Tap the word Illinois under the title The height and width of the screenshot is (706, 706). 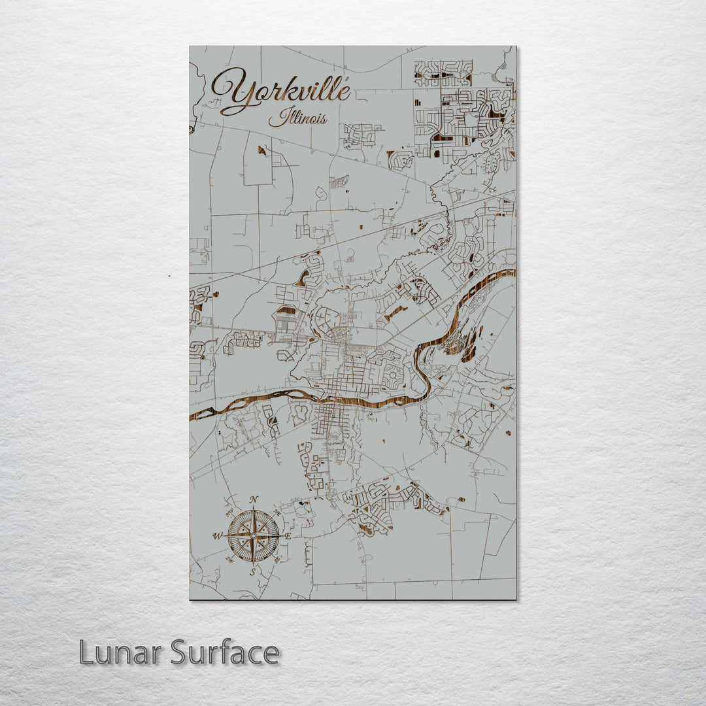297,119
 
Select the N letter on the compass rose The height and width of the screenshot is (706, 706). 254,500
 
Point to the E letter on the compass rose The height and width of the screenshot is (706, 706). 288,536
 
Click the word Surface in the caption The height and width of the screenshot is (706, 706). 225,652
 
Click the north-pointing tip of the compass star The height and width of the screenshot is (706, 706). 254,509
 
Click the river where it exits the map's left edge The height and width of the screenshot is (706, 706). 192,416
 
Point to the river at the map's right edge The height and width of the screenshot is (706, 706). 513,273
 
